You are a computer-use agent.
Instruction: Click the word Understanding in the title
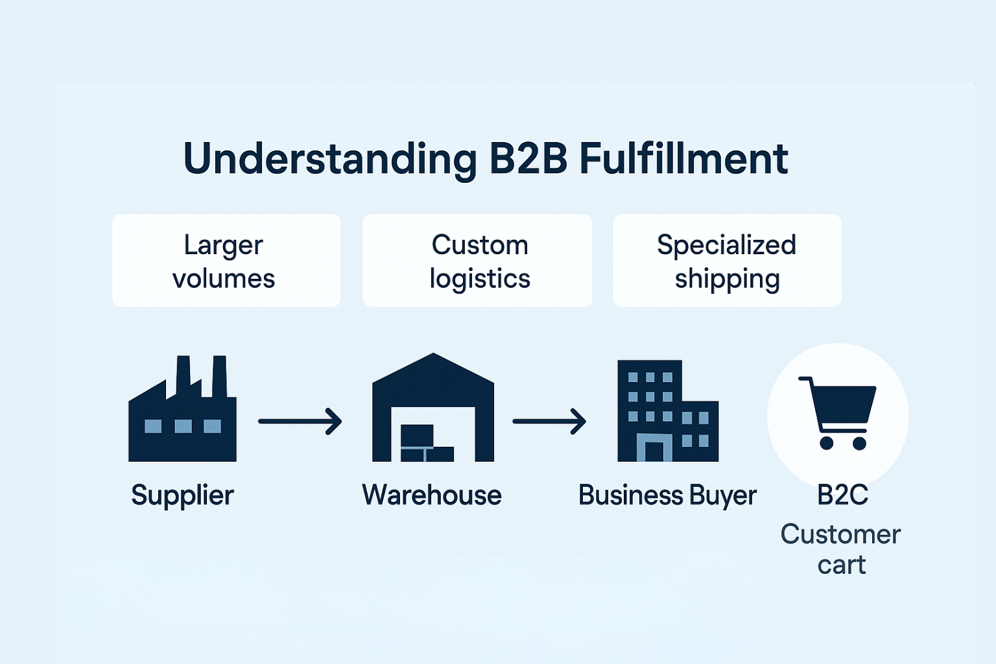330,159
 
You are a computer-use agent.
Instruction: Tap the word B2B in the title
528,159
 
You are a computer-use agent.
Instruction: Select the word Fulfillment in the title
683,159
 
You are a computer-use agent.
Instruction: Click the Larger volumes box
226,261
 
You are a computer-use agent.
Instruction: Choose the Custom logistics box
477,261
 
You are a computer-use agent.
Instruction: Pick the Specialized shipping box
727,261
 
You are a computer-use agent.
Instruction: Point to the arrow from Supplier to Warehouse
300,421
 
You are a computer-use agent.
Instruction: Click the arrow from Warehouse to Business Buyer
549,421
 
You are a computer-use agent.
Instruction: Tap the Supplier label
182,495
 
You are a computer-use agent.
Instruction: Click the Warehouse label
432,495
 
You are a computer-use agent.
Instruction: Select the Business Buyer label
667,495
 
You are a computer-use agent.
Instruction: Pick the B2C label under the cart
842,495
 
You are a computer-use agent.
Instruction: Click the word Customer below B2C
841,534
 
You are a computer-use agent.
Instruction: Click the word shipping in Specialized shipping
727,279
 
